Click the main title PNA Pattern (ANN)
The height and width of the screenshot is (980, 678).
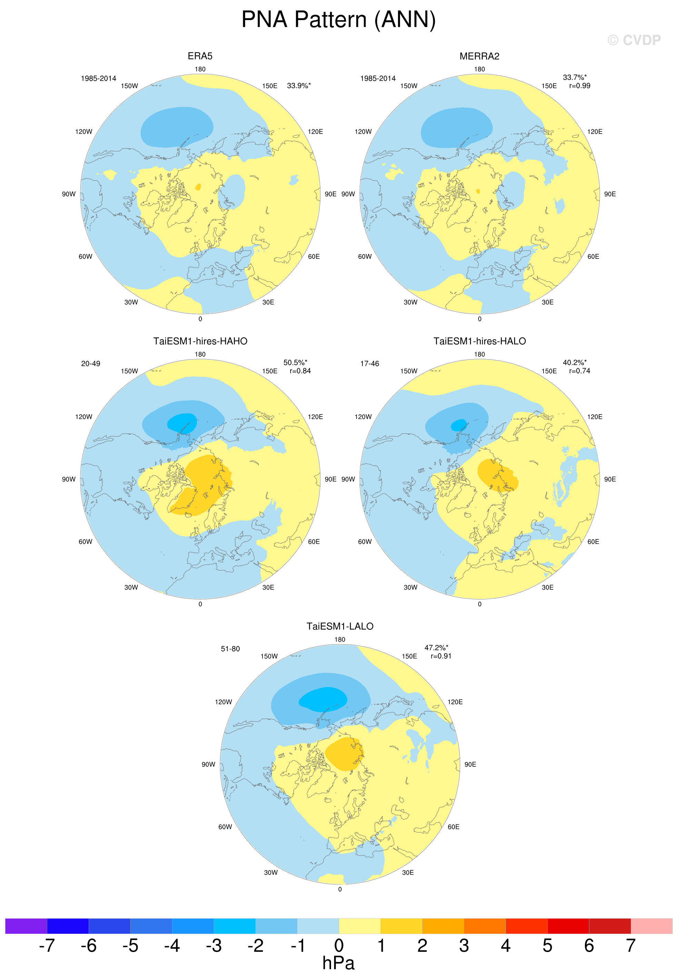[x=339, y=20]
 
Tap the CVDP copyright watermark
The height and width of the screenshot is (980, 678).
[x=634, y=40]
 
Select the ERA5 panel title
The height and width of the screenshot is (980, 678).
[x=200, y=56]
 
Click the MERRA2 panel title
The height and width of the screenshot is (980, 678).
[x=479, y=56]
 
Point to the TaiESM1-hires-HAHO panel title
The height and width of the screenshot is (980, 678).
[x=200, y=341]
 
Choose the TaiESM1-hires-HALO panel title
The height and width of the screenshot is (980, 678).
[x=480, y=341]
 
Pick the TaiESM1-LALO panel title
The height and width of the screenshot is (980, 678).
[x=340, y=626]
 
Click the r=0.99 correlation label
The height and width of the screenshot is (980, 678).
[x=579, y=86]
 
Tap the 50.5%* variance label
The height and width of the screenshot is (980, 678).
[x=295, y=363]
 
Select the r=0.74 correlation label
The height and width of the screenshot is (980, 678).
[x=579, y=371]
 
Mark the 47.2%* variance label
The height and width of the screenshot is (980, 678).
[x=436, y=648]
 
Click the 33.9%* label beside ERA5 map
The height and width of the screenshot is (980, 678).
[x=299, y=86]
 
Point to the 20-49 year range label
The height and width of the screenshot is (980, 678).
[x=90, y=364]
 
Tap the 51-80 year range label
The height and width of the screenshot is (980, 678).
[x=230, y=649]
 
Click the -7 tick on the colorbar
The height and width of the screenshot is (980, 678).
[x=47, y=945]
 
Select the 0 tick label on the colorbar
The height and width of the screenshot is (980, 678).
[x=339, y=945]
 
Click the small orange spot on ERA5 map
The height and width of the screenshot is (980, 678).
[x=198, y=187]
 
